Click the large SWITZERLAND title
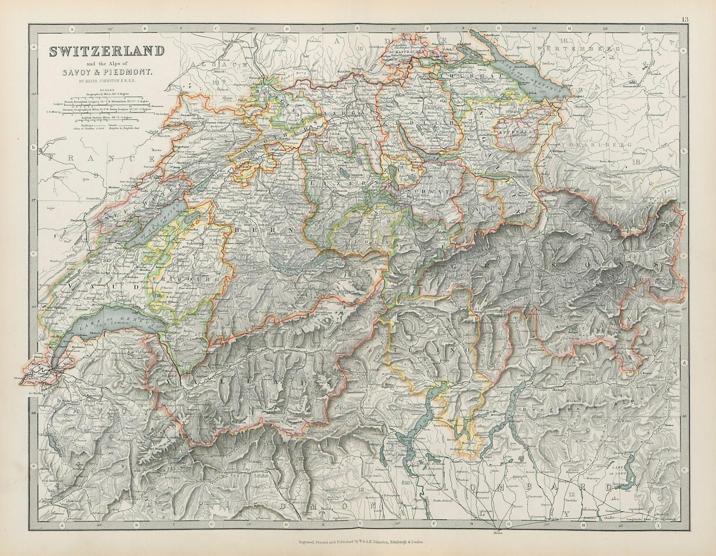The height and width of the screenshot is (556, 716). [106, 51]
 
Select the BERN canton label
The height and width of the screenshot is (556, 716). [261, 229]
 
